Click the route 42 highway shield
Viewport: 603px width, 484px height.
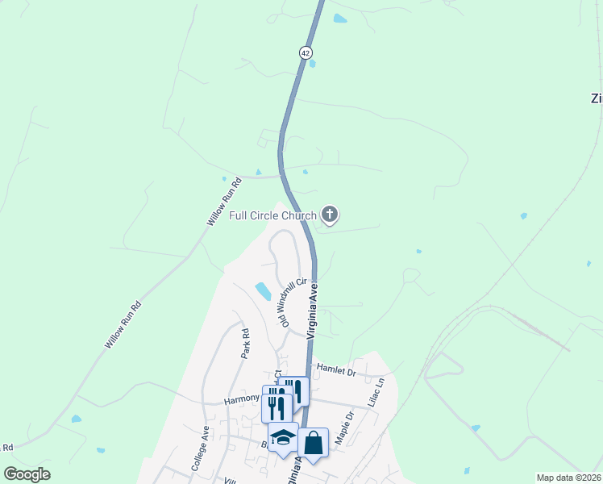(x=305, y=52)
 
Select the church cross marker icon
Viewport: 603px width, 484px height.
(x=329, y=215)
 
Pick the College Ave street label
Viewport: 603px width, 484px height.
(x=200, y=448)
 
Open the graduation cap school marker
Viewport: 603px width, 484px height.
(x=283, y=438)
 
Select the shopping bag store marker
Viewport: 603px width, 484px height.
(x=313, y=443)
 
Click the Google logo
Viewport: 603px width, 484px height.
(x=27, y=474)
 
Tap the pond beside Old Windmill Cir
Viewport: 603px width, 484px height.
(x=263, y=290)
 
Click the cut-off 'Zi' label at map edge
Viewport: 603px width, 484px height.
(x=597, y=98)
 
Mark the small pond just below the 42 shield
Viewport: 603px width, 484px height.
(x=311, y=63)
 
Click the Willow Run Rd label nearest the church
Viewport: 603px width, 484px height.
(x=224, y=202)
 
